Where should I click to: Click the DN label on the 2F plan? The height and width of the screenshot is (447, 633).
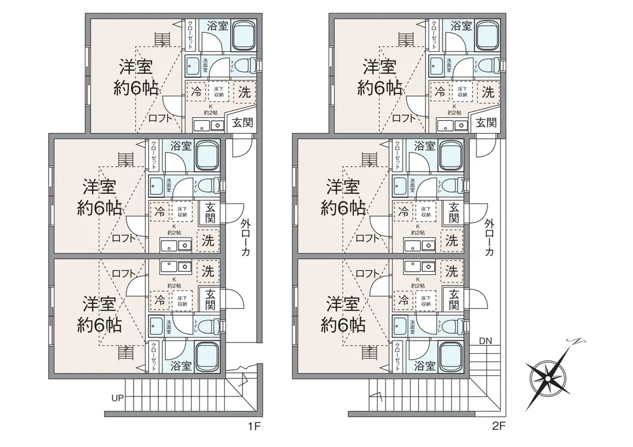[x=485, y=341]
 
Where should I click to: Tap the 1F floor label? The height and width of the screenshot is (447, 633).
[x=254, y=427]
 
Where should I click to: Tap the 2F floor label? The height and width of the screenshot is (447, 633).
[x=499, y=427]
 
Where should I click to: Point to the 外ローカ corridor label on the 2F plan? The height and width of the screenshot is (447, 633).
[x=489, y=237]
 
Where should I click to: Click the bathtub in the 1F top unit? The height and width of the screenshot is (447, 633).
[x=243, y=36]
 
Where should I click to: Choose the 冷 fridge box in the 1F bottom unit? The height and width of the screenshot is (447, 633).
[x=160, y=299]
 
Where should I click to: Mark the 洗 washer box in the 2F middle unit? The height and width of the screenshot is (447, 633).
[x=451, y=240]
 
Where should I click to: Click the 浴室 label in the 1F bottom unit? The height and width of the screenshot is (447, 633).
[x=182, y=365]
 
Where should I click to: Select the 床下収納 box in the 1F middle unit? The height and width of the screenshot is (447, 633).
[x=182, y=211]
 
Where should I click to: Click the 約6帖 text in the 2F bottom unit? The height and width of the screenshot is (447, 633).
[x=343, y=325]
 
